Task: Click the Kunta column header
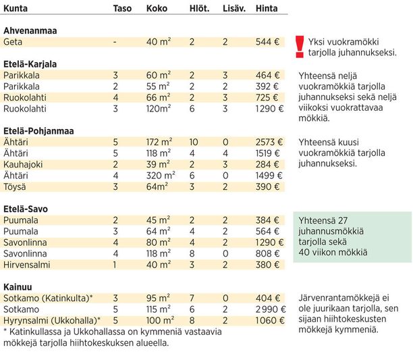pyautogui.click(x=16, y=8)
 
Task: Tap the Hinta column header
pyautogui.click(x=267, y=8)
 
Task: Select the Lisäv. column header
pyautogui.click(x=234, y=8)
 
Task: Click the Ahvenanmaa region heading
pyautogui.click(x=30, y=30)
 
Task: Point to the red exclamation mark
pyautogui.click(x=300, y=47)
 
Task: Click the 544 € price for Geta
pyautogui.click(x=268, y=42)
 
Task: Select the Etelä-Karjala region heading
pyautogui.click(x=30, y=64)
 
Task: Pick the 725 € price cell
pyautogui.click(x=267, y=97)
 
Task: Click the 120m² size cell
pyautogui.click(x=159, y=109)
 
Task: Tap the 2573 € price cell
pyautogui.click(x=269, y=142)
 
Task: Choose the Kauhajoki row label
pyautogui.click(x=23, y=164)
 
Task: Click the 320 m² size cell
pyautogui.click(x=161, y=176)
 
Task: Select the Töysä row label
pyautogui.click(x=15, y=187)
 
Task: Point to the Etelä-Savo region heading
pyautogui.click(x=26, y=209)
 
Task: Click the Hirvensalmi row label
pyautogui.click(x=26, y=265)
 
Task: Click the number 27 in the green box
pyautogui.click(x=343, y=220)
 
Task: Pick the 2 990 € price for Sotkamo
pyautogui.click(x=271, y=309)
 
